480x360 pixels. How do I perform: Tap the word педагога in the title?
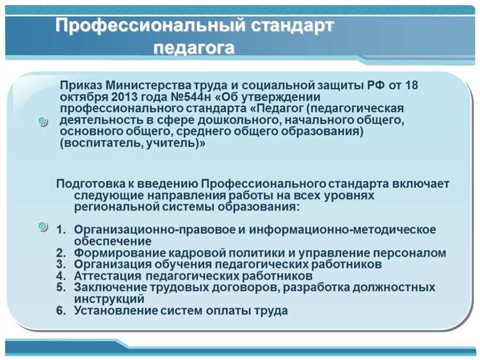pyautogui.click(x=194, y=48)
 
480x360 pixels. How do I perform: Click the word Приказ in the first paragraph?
pyautogui.click(x=81, y=85)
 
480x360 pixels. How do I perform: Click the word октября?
pyautogui.click(x=82, y=97)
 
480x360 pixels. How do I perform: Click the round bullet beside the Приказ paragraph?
pyautogui.click(x=42, y=121)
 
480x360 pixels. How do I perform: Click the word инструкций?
pyautogui.click(x=109, y=299)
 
